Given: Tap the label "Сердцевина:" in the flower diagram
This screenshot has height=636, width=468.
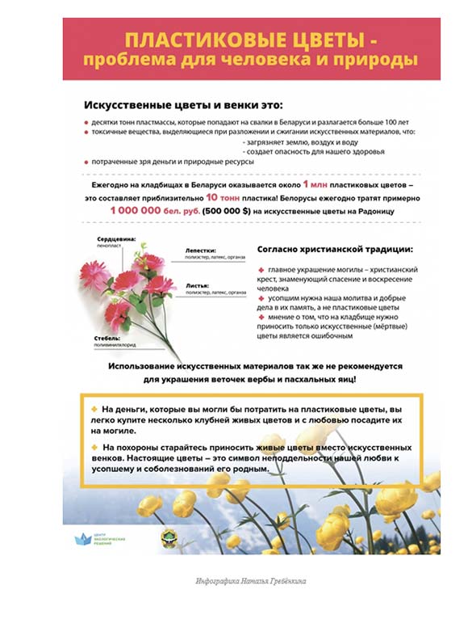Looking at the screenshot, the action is (x=116, y=239).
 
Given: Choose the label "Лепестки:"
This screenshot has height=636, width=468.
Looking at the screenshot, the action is (x=199, y=250).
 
